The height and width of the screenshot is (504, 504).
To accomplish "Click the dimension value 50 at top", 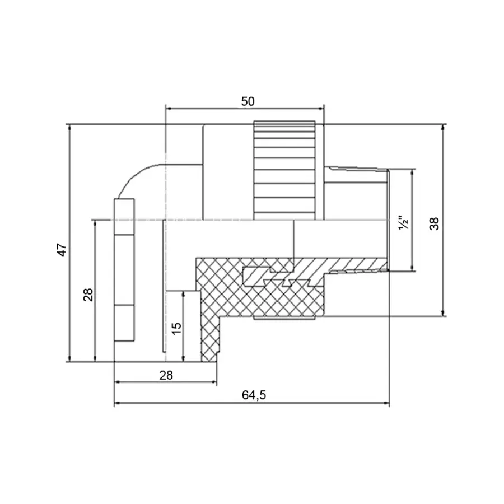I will point(248,101).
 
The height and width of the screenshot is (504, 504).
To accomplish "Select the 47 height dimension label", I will point(63,250).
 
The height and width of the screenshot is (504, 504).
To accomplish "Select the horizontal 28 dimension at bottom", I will point(166,375).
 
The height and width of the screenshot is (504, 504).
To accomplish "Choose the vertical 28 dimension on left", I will point(88,294).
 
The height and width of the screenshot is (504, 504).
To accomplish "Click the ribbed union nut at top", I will point(283,168).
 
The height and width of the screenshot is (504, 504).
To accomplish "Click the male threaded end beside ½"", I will point(358,190).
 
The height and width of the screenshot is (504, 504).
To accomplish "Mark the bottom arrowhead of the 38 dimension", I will point(443,313).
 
